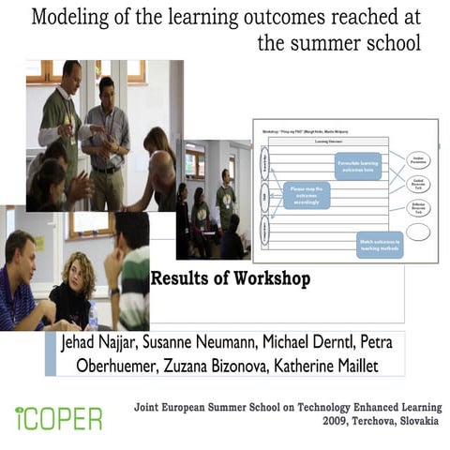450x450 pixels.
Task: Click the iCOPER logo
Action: pyautogui.click(x=58, y=418)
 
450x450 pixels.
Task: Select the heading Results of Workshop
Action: pyautogui.click(x=231, y=278)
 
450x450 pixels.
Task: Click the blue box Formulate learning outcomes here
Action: pyautogui.click(x=357, y=165)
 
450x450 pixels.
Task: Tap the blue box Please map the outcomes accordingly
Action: pyautogui.click(x=307, y=194)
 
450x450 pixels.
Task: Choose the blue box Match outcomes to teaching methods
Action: pyautogui.click(x=379, y=244)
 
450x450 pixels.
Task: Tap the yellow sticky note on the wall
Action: pyautogui.click(x=40, y=243)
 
